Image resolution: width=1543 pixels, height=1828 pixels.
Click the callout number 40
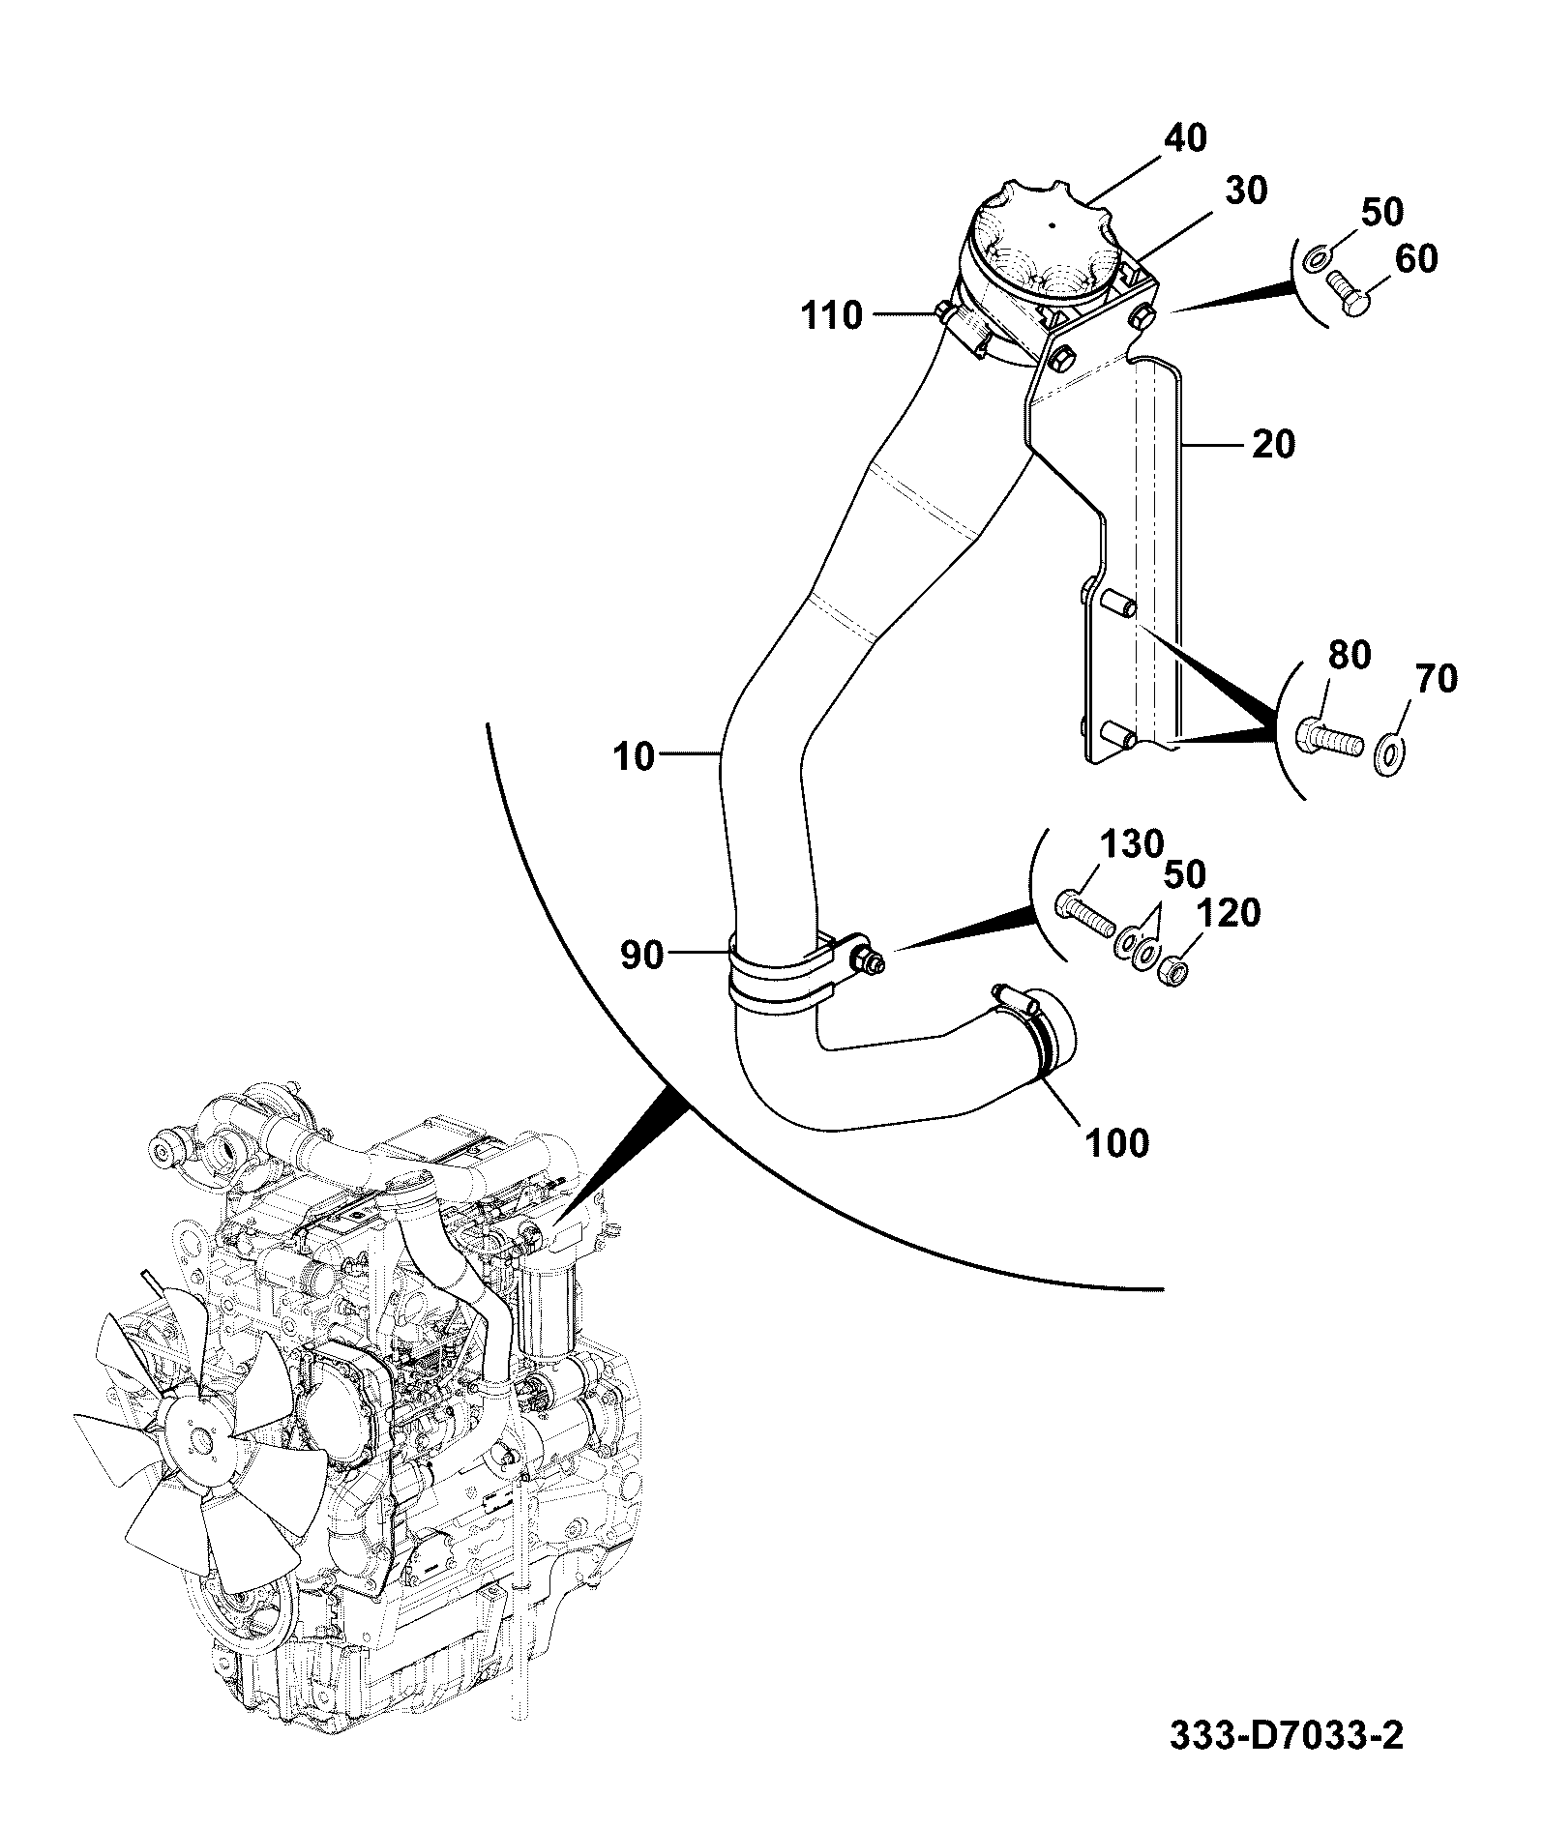point(1185,139)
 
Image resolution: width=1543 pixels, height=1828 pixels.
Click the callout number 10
point(635,756)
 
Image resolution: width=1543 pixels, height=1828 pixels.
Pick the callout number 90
point(641,956)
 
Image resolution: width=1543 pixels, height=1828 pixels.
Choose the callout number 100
point(1115,1143)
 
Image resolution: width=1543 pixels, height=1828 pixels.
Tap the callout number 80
point(1349,656)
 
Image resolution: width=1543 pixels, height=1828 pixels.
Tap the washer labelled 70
point(1389,746)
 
